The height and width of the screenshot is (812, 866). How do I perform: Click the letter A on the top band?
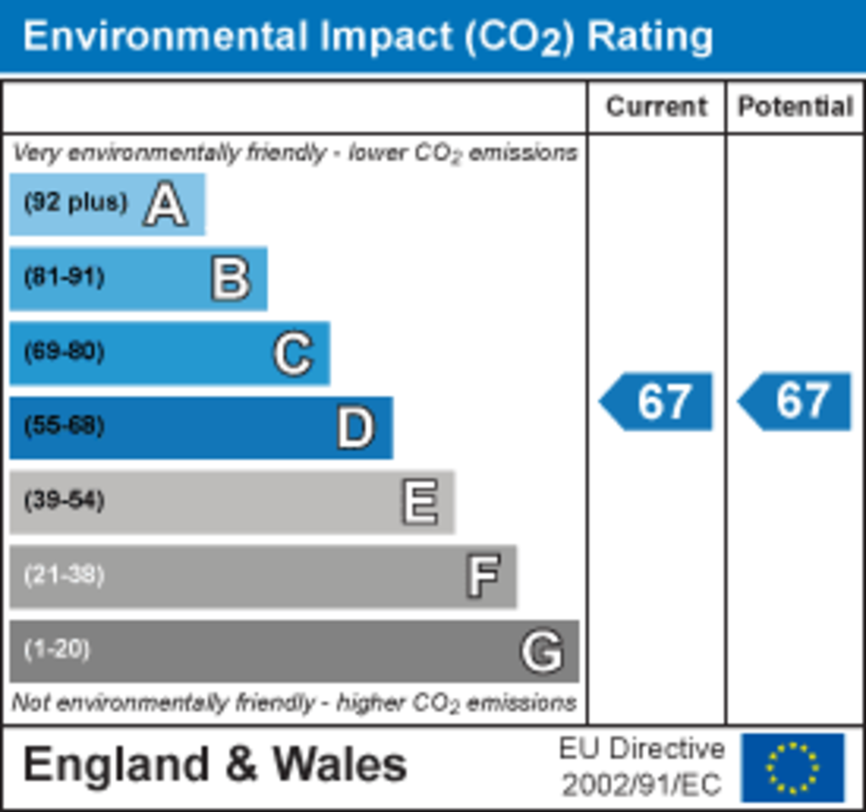tap(166, 204)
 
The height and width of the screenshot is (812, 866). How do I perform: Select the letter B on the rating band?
tap(231, 279)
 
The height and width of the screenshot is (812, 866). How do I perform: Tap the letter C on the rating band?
tap(293, 354)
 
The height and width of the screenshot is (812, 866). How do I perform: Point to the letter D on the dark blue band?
tap(355, 428)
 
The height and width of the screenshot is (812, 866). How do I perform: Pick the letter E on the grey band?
tap(420, 502)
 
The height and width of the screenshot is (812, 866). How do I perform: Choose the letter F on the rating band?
tap(482, 577)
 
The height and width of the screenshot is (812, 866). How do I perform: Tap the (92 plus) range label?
tap(76, 203)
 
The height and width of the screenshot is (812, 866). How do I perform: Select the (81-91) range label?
tap(65, 277)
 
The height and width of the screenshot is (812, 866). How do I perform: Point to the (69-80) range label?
tap(65, 352)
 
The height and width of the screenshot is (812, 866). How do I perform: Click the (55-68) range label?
tap(65, 426)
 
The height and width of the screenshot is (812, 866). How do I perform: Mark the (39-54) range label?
tap(65, 501)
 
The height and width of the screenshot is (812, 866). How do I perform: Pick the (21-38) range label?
tap(65, 575)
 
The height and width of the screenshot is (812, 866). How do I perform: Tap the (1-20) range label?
tap(57, 650)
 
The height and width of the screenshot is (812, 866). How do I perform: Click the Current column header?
tap(656, 107)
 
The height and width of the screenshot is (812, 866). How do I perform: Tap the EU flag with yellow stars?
tap(793, 768)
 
